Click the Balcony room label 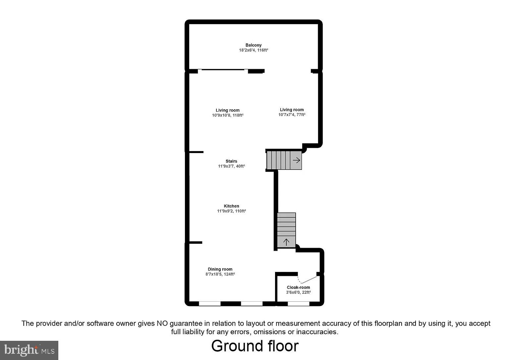[x=254, y=45]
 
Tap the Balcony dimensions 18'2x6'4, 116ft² [x=254, y=50]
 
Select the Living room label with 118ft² [x=228, y=110]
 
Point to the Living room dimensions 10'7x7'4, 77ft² [x=292, y=115]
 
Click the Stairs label [x=231, y=161]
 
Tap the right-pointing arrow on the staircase [x=296, y=160]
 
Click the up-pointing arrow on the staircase [x=286, y=241]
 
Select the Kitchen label [x=231, y=206]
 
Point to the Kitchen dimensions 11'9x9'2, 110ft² [x=231, y=211]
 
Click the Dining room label [x=220, y=269]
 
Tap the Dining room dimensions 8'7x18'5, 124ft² [x=220, y=274]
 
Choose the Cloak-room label [x=298, y=287]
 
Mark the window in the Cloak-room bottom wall [x=298, y=303]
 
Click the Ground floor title [x=255, y=346]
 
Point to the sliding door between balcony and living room [x=223, y=70]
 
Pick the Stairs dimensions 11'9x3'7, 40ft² [x=231, y=166]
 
